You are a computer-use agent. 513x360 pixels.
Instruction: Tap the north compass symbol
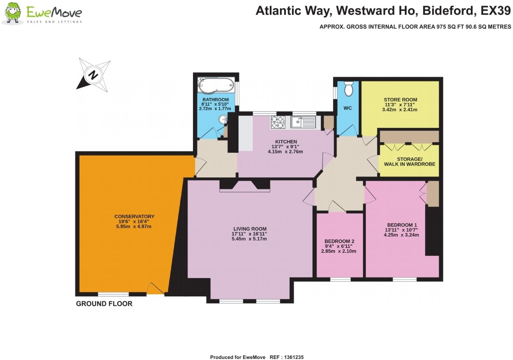pos(93,75)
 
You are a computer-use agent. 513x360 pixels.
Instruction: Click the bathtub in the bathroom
pos(215,85)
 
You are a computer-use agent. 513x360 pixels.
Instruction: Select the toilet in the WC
pos(348,89)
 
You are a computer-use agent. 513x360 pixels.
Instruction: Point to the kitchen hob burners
pos(277,122)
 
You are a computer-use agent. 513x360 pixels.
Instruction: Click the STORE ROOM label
pos(400,100)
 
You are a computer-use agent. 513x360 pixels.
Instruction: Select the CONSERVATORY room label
pos(134,216)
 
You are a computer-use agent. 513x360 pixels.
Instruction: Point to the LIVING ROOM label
pos(249,229)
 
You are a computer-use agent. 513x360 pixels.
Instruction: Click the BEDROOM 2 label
pos(339,241)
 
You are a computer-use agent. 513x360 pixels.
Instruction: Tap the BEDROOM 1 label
pos(402,225)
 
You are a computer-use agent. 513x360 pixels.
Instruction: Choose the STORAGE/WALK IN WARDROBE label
pos(409,162)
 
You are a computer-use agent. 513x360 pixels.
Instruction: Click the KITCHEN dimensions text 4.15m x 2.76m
pos(285,152)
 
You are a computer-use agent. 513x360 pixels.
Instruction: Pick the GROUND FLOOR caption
pos(104,304)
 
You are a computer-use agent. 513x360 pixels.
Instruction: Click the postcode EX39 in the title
pos(495,11)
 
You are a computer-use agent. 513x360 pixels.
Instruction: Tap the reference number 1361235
pos(291,357)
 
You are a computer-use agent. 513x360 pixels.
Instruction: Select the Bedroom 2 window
pos(340,280)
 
